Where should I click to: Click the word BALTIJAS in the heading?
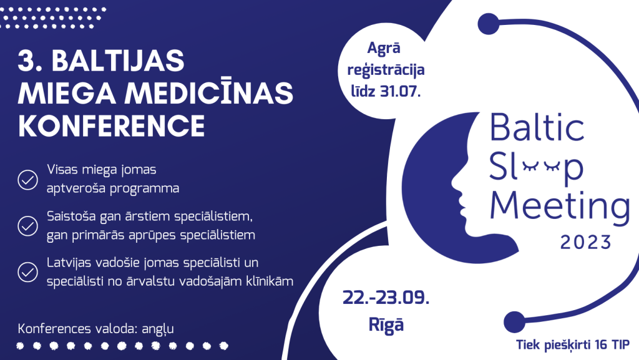click(118, 61)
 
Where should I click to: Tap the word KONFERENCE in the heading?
click(111, 126)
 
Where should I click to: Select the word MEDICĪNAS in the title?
click(208, 92)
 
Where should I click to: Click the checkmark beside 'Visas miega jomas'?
click(27, 180)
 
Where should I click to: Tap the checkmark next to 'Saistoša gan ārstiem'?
click(27, 226)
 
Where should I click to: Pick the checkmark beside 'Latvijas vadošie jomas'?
click(27, 272)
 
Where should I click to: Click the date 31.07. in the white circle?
click(400, 91)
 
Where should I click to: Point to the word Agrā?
click(384, 48)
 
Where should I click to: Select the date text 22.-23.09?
click(386, 298)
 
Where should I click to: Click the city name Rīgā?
click(386, 324)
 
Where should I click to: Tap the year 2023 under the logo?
click(586, 243)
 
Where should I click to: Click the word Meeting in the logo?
click(560, 207)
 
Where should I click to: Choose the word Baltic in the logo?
click(537, 127)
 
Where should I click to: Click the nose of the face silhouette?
click(454, 185)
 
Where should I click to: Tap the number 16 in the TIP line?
click(601, 344)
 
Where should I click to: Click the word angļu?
click(158, 329)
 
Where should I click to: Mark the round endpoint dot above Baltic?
click(488, 24)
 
